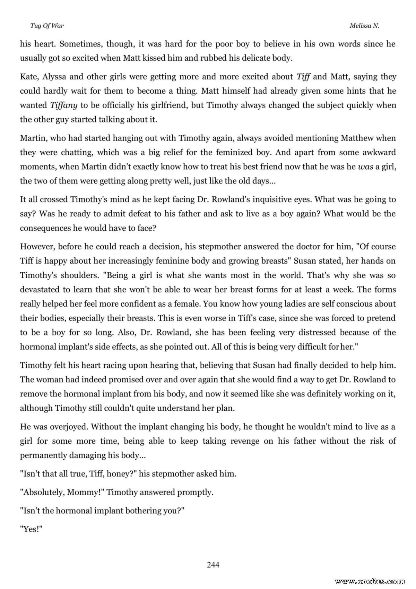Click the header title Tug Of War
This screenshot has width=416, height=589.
coord(42,26)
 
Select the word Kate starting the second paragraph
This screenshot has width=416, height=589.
coord(29,77)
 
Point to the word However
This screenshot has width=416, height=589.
coord(37,247)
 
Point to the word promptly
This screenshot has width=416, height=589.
coord(195,493)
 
